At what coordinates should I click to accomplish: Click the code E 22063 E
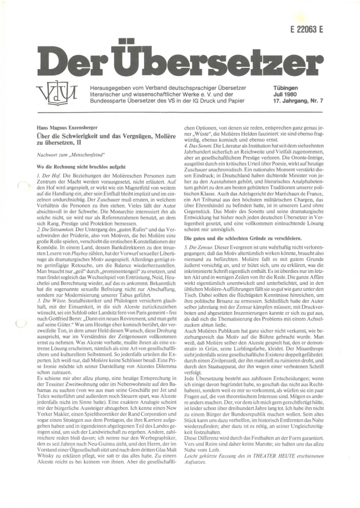tap(305, 29)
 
